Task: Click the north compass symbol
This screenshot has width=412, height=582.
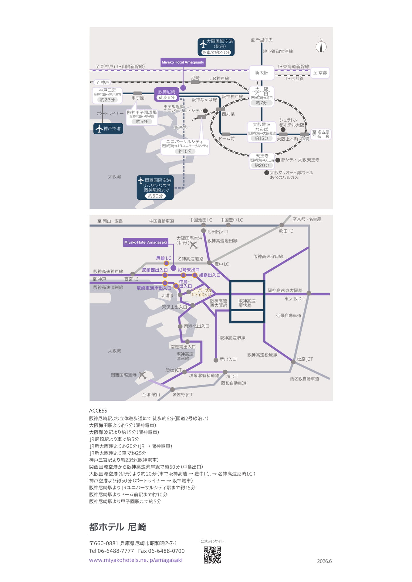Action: (x=321, y=46)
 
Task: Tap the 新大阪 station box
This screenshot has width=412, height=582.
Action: (x=262, y=73)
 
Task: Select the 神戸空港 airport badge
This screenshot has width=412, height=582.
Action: (x=108, y=129)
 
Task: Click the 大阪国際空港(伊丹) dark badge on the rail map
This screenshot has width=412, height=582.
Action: (x=216, y=47)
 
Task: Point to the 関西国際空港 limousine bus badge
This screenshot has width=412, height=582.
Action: (x=155, y=188)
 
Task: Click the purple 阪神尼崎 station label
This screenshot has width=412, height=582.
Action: (x=167, y=94)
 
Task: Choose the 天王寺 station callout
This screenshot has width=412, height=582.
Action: (x=262, y=161)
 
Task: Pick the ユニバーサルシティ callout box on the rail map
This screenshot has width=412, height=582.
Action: (x=185, y=147)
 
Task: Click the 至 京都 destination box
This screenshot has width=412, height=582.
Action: (x=320, y=73)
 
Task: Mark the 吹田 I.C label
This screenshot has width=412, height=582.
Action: (x=286, y=231)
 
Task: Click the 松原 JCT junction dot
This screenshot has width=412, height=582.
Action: (x=293, y=362)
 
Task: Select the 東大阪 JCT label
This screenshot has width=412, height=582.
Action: (x=295, y=299)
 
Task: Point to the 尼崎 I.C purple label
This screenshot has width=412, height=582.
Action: (x=164, y=258)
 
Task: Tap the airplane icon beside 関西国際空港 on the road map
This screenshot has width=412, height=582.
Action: (x=142, y=375)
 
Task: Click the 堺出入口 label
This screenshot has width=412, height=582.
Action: (x=228, y=359)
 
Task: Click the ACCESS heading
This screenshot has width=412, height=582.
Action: (x=98, y=411)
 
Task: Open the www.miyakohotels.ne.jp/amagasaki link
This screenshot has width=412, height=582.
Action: (x=136, y=560)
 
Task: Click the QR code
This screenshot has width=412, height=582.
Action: (x=212, y=555)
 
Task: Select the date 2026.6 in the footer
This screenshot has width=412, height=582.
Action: (x=324, y=561)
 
